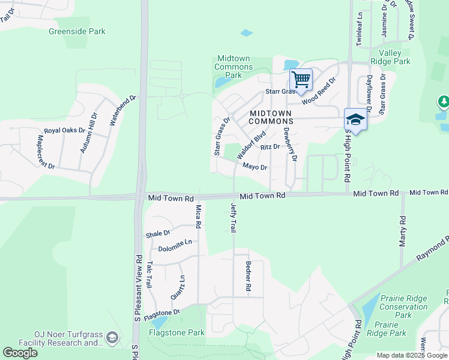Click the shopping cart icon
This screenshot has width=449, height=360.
point(301,79)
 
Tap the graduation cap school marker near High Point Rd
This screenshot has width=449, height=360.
point(355,119)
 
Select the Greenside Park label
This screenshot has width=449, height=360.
point(77,31)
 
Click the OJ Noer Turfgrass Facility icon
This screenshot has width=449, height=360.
point(112,339)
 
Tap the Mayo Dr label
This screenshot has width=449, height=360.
point(255,167)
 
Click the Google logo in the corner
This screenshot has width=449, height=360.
point(20,352)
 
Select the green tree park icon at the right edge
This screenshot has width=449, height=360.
point(444,102)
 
